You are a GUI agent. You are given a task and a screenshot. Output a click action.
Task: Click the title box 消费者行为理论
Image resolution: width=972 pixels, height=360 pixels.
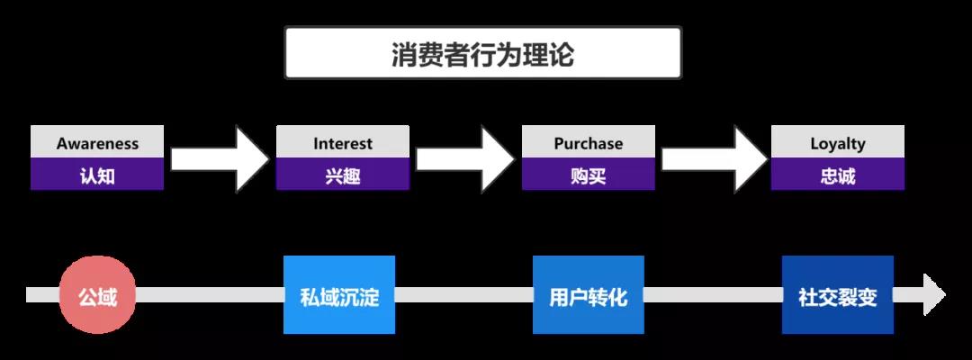coord(483,54)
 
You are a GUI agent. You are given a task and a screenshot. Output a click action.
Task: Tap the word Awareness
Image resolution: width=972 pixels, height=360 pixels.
coord(97,143)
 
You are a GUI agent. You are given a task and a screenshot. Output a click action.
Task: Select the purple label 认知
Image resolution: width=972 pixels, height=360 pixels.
coord(97,175)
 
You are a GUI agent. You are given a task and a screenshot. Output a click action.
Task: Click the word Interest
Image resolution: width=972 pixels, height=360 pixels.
coord(343,143)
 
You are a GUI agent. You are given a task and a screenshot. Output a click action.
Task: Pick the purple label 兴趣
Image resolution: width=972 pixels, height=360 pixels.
coord(343,175)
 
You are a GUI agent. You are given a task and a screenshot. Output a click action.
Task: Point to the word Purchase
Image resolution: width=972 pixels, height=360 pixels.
coord(589,143)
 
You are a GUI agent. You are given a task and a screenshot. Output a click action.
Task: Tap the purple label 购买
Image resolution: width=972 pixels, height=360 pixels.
coord(589,175)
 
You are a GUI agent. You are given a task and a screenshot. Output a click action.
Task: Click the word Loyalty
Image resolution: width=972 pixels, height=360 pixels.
coord(838,143)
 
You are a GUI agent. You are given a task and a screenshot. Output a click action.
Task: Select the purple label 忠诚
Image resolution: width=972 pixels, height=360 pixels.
coord(838,175)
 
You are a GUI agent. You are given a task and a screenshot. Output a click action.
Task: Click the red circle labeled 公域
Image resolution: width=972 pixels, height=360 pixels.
coord(97,295)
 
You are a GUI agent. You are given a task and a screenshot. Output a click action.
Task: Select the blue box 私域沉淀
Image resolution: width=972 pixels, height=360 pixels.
coord(339,295)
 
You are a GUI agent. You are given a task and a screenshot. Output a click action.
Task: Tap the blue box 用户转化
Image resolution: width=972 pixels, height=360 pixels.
coord(589,295)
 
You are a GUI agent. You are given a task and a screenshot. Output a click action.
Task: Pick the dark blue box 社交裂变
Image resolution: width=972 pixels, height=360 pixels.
coord(838,295)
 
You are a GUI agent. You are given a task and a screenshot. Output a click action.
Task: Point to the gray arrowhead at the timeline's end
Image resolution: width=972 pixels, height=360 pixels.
coord(932,295)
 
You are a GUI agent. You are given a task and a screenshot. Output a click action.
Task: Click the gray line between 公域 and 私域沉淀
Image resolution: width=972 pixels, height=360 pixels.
coord(209,295)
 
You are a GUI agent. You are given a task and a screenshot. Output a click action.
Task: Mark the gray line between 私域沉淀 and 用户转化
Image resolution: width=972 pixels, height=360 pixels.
coord(463,295)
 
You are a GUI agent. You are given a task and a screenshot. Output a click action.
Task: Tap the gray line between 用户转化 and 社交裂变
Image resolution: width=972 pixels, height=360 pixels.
coord(713,295)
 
